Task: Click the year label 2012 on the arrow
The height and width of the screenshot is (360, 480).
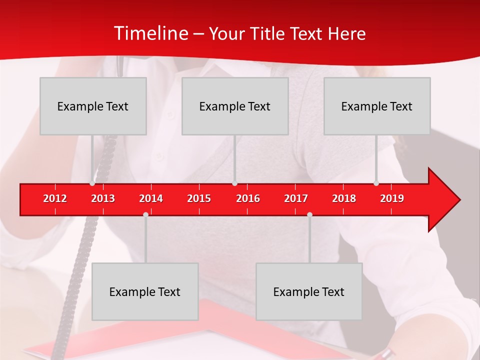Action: tap(55, 198)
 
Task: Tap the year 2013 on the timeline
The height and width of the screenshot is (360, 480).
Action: tap(103, 198)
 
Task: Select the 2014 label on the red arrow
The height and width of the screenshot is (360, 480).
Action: tap(151, 198)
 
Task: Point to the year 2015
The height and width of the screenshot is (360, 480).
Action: tap(199, 198)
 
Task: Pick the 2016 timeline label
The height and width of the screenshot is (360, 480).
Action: tap(248, 198)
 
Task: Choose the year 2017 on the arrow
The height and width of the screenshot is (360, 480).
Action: tap(296, 198)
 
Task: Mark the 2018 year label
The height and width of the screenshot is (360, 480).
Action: tap(344, 198)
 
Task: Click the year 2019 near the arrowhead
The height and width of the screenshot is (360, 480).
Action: tap(392, 198)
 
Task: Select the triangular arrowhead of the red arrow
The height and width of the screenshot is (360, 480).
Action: tap(443, 199)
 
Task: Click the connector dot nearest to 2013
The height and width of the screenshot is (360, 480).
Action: tap(92, 183)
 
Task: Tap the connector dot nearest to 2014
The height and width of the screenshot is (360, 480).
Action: tap(145, 214)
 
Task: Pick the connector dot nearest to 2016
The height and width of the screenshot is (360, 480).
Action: tap(234, 183)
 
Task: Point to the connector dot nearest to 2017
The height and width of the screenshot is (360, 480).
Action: tap(309, 214)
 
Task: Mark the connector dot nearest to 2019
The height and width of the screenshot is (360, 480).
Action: tap(376, 183)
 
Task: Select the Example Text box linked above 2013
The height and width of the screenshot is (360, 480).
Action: tap(93, 106)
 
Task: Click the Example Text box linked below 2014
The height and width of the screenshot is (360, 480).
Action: tap(145, 291)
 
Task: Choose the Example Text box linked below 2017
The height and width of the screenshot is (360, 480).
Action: tap(309, 291)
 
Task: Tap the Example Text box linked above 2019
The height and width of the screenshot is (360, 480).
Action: tap(377, 106)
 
